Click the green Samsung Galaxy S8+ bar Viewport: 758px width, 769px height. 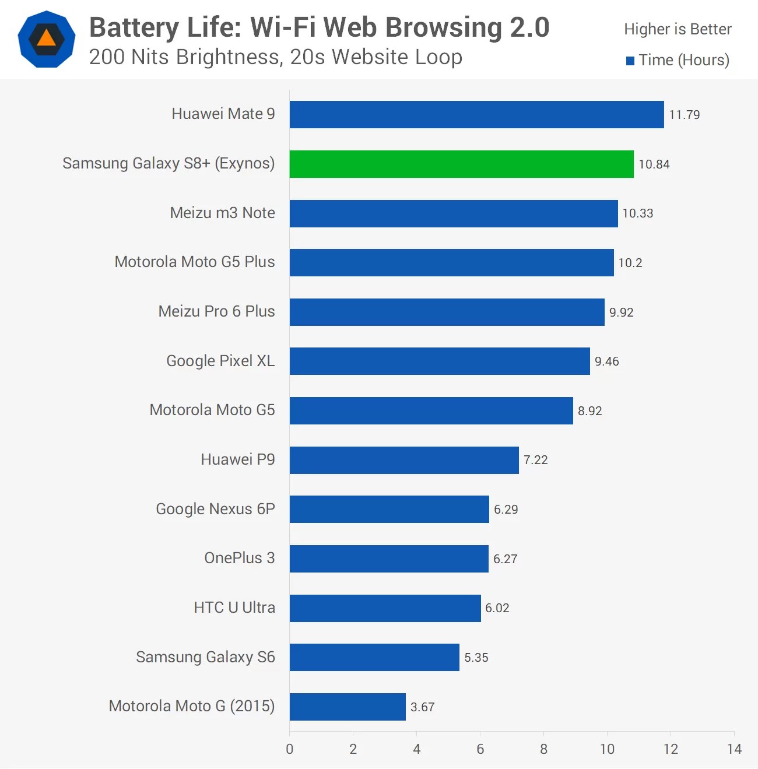[x=461, y=164]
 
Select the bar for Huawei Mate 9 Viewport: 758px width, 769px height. [x=476, y=114]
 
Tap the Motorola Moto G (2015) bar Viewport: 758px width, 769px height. [x=348, y=707]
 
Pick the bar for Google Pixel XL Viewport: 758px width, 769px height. [x=440, y=361]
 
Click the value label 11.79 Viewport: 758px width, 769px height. [x=684, y=115]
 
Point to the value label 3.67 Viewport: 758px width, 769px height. [x=422, y=707]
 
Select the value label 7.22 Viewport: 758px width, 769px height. [x=535, y=460]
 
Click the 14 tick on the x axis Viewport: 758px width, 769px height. [x=734, y=749]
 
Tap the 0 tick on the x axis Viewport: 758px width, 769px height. [x=290, y=749]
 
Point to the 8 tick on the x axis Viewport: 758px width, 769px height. [x=543, y=749]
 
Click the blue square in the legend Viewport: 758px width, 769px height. [x=630, y=61]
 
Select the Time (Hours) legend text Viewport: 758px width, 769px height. [x=683, y=60]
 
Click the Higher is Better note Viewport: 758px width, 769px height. [x=678, y=29]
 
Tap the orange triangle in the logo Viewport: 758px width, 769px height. [x=47, y=39]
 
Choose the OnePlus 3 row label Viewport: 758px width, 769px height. [x=239, y=558]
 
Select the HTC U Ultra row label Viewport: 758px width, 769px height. [x=234, y=608]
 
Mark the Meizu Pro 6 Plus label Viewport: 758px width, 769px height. [x=216, y=311]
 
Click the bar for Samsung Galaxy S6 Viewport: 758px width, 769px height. [x=374, y=657]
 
